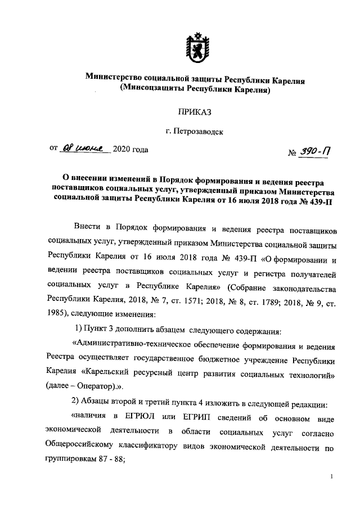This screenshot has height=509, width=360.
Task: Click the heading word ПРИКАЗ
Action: pos(195,112)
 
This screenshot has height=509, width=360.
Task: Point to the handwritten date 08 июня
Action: pos(86,149)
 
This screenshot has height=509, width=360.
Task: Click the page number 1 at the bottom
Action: pos(332,477)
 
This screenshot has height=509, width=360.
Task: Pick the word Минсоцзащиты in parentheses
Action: pos(150,89)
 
